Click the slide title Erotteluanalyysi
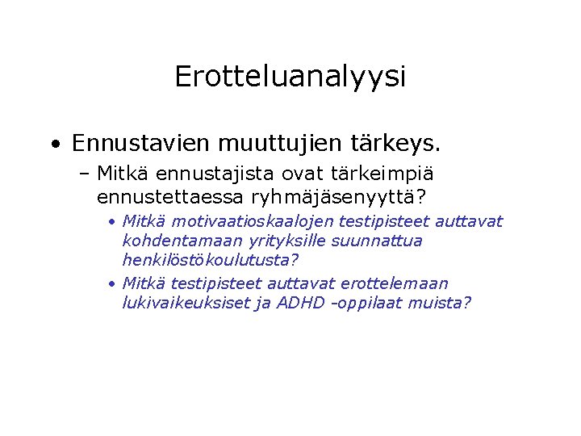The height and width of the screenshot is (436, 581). (290, 77)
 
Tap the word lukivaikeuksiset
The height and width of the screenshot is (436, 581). (185, 303)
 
